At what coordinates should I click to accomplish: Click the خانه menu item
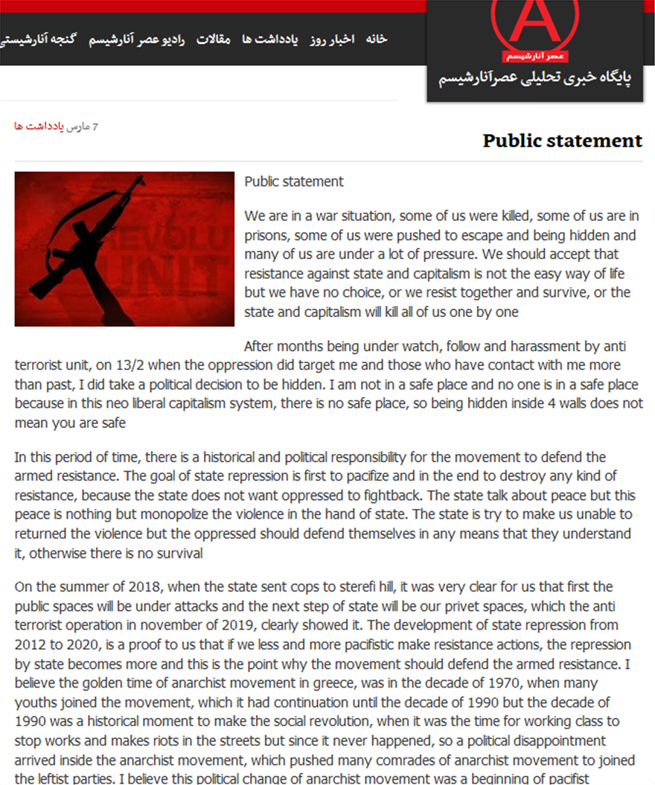click(x=377, y=39)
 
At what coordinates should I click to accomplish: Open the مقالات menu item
click(x=214, y=39)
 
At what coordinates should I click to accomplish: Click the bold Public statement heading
click(x=562, y=141)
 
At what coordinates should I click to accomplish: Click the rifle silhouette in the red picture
click(x=104, y=238)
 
